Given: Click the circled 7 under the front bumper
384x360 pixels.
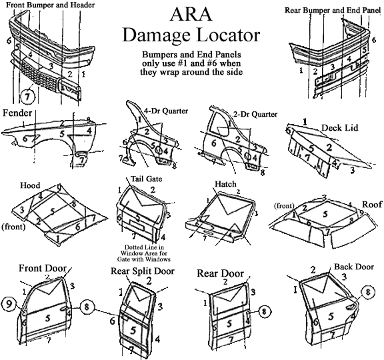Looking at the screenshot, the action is [27, 96].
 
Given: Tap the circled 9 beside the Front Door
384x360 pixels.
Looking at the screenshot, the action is [9, 304].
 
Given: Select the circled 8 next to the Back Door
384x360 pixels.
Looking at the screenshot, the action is [367, 292].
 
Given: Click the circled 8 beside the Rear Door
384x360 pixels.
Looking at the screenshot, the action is [264, 311].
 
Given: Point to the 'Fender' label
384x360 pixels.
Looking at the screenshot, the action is [17, 113].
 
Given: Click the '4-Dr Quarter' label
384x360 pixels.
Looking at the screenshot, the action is [166, 111].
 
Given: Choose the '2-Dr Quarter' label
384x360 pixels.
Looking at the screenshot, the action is [255, 114].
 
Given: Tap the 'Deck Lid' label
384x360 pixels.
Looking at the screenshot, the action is [339, 128].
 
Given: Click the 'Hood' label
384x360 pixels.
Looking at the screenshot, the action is [30, 185].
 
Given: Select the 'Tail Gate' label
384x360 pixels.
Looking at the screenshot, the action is [147, 179].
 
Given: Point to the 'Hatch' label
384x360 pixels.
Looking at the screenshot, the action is [225, 184].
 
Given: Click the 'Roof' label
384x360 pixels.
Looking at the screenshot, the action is [372, 204].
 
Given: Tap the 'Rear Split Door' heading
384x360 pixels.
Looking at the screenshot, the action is [143, 271].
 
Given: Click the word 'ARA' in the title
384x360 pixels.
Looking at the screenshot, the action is [191, 14].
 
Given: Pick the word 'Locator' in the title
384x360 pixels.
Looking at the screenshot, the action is [228, 35].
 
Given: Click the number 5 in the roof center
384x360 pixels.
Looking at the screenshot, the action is [325, 214].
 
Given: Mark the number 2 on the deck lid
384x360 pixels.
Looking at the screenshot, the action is [329, 147].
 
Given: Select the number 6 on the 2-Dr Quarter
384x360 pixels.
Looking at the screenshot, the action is [214, 143].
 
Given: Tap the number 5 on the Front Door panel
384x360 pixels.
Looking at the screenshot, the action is [48, 318].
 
